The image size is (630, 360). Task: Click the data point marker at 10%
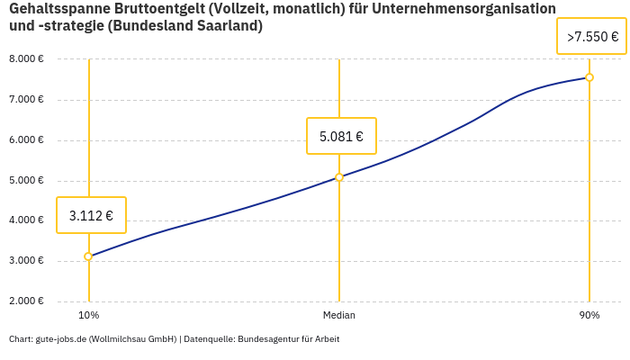click(x=88, y=256)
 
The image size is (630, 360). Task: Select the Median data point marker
click(x=339, y=177)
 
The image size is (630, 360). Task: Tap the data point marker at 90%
click(x=589, y=77)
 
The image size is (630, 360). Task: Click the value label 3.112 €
click(x=91, y=215)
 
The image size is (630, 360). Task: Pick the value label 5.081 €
click(x=341, y=137)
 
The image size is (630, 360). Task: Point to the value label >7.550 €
click(x=592, y=37)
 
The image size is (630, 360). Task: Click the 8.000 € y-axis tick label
click(x=26, y=58)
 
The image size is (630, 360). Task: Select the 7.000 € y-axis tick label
click(x=26, y=99)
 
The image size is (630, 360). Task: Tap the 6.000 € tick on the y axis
click(x=26, y=139)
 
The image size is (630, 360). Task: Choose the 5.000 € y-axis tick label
click(x=26, y=180)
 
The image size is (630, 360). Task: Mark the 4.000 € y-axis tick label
click(x=26, y=220)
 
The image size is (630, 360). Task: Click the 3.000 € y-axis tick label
click(x=26, y=261)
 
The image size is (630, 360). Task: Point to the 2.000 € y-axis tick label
click(x=26, y=301)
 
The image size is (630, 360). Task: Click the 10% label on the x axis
click(x=88, y=315)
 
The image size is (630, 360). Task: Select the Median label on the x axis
click(x=339, y=315)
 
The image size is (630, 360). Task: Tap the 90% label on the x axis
click(x=589, y=315)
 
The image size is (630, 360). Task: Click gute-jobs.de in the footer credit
click(x=60, y=339)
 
